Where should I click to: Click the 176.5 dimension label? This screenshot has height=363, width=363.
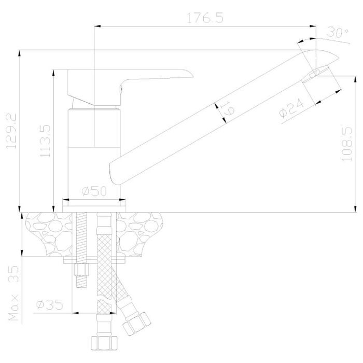tap(205, 18)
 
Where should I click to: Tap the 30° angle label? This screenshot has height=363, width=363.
tap(338, 33)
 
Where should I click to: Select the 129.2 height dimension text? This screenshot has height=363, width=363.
tap(11, 131)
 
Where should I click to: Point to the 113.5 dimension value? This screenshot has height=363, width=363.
tap(45, 141)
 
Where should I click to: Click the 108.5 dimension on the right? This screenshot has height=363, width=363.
tap(346, 144)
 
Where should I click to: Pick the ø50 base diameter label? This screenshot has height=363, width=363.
tap(94, 191)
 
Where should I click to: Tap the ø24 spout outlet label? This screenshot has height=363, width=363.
tap(291, 108)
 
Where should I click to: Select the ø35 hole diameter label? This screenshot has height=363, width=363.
tap(50, 305)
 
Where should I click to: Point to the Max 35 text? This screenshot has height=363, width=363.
tap(13, 293)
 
